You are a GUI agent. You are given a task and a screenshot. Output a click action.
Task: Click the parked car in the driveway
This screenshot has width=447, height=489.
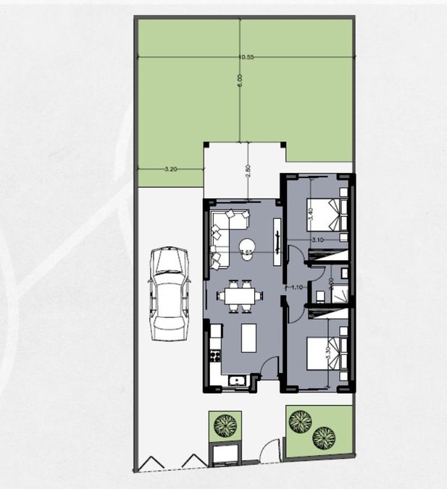[169, 293]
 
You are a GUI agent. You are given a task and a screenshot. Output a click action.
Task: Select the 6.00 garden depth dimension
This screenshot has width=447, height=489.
[240, 84]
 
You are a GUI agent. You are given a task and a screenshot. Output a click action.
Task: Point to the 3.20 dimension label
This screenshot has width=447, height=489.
[171, 169]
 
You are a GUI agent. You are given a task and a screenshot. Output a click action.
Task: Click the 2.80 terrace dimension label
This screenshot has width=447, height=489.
[248, 170]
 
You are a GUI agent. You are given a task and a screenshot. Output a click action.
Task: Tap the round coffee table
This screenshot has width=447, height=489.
[246, 246]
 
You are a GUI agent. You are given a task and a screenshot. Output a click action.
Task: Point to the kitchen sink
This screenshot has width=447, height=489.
[235, 381]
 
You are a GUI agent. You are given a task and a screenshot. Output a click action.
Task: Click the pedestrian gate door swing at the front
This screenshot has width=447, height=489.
[268, 451]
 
